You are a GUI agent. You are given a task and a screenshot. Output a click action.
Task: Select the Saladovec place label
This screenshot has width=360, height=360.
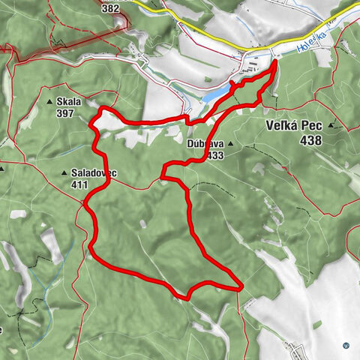click(x=93, y=173)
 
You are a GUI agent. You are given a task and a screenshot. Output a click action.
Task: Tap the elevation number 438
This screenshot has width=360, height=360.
click(x=309, y=140)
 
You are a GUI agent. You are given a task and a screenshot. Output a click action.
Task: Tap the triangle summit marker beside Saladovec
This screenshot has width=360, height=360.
click(x=64, y=173)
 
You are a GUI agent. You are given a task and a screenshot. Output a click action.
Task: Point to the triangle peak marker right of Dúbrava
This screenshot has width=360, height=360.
click(x=232, y=143)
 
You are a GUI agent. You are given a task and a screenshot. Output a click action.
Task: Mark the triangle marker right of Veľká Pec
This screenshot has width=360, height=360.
click(x=331, y=127)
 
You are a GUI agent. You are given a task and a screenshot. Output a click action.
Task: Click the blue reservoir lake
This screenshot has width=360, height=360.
click(x=217, y=94)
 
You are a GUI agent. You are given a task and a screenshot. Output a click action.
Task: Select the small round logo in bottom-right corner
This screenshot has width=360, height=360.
click(x=346, y=345)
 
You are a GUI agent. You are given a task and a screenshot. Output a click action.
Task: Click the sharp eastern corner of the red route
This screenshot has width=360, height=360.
click(x=241, y=287)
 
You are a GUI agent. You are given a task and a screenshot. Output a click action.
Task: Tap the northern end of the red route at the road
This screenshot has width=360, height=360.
click(x=275, y=61)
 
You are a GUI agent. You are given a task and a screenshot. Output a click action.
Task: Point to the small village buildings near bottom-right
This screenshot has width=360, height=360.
click(x=295, y=346)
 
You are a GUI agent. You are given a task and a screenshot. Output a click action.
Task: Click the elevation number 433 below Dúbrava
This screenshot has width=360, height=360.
click(x=215, y=155)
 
